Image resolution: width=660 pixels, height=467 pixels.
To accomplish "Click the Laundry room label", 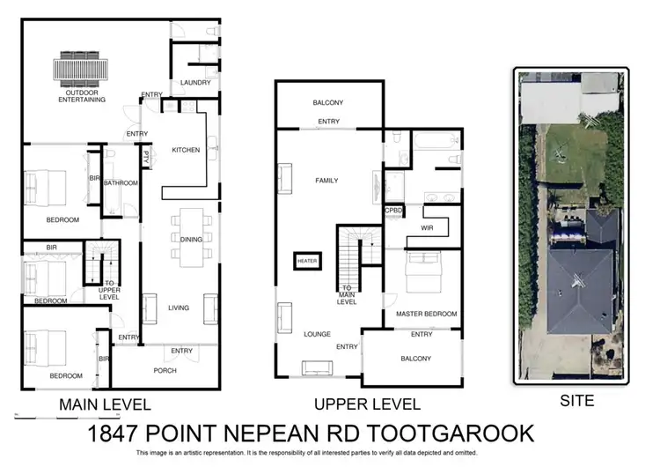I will coord(194,83).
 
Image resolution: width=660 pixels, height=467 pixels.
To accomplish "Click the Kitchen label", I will coord(186,150).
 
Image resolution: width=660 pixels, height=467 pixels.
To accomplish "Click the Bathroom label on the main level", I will coord(121,183).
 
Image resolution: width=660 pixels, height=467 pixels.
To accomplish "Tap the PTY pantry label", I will coord(146,159).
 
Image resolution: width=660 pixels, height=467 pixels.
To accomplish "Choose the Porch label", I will coord(165,370).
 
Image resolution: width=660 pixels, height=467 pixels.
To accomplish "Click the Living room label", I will coord(180,307).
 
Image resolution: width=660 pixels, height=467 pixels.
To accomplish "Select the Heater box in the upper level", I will coord(307,261).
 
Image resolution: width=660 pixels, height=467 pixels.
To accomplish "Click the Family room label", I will coord(327,181).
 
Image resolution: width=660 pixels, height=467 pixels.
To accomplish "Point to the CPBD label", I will coord(393,211).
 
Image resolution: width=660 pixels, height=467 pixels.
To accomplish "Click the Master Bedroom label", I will coord(427,314).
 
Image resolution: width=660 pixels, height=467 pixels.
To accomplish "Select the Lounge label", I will coord(317,335).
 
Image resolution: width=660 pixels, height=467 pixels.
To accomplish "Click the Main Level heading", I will coord(105,405).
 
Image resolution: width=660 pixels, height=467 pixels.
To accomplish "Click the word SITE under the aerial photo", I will coord(577,401).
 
